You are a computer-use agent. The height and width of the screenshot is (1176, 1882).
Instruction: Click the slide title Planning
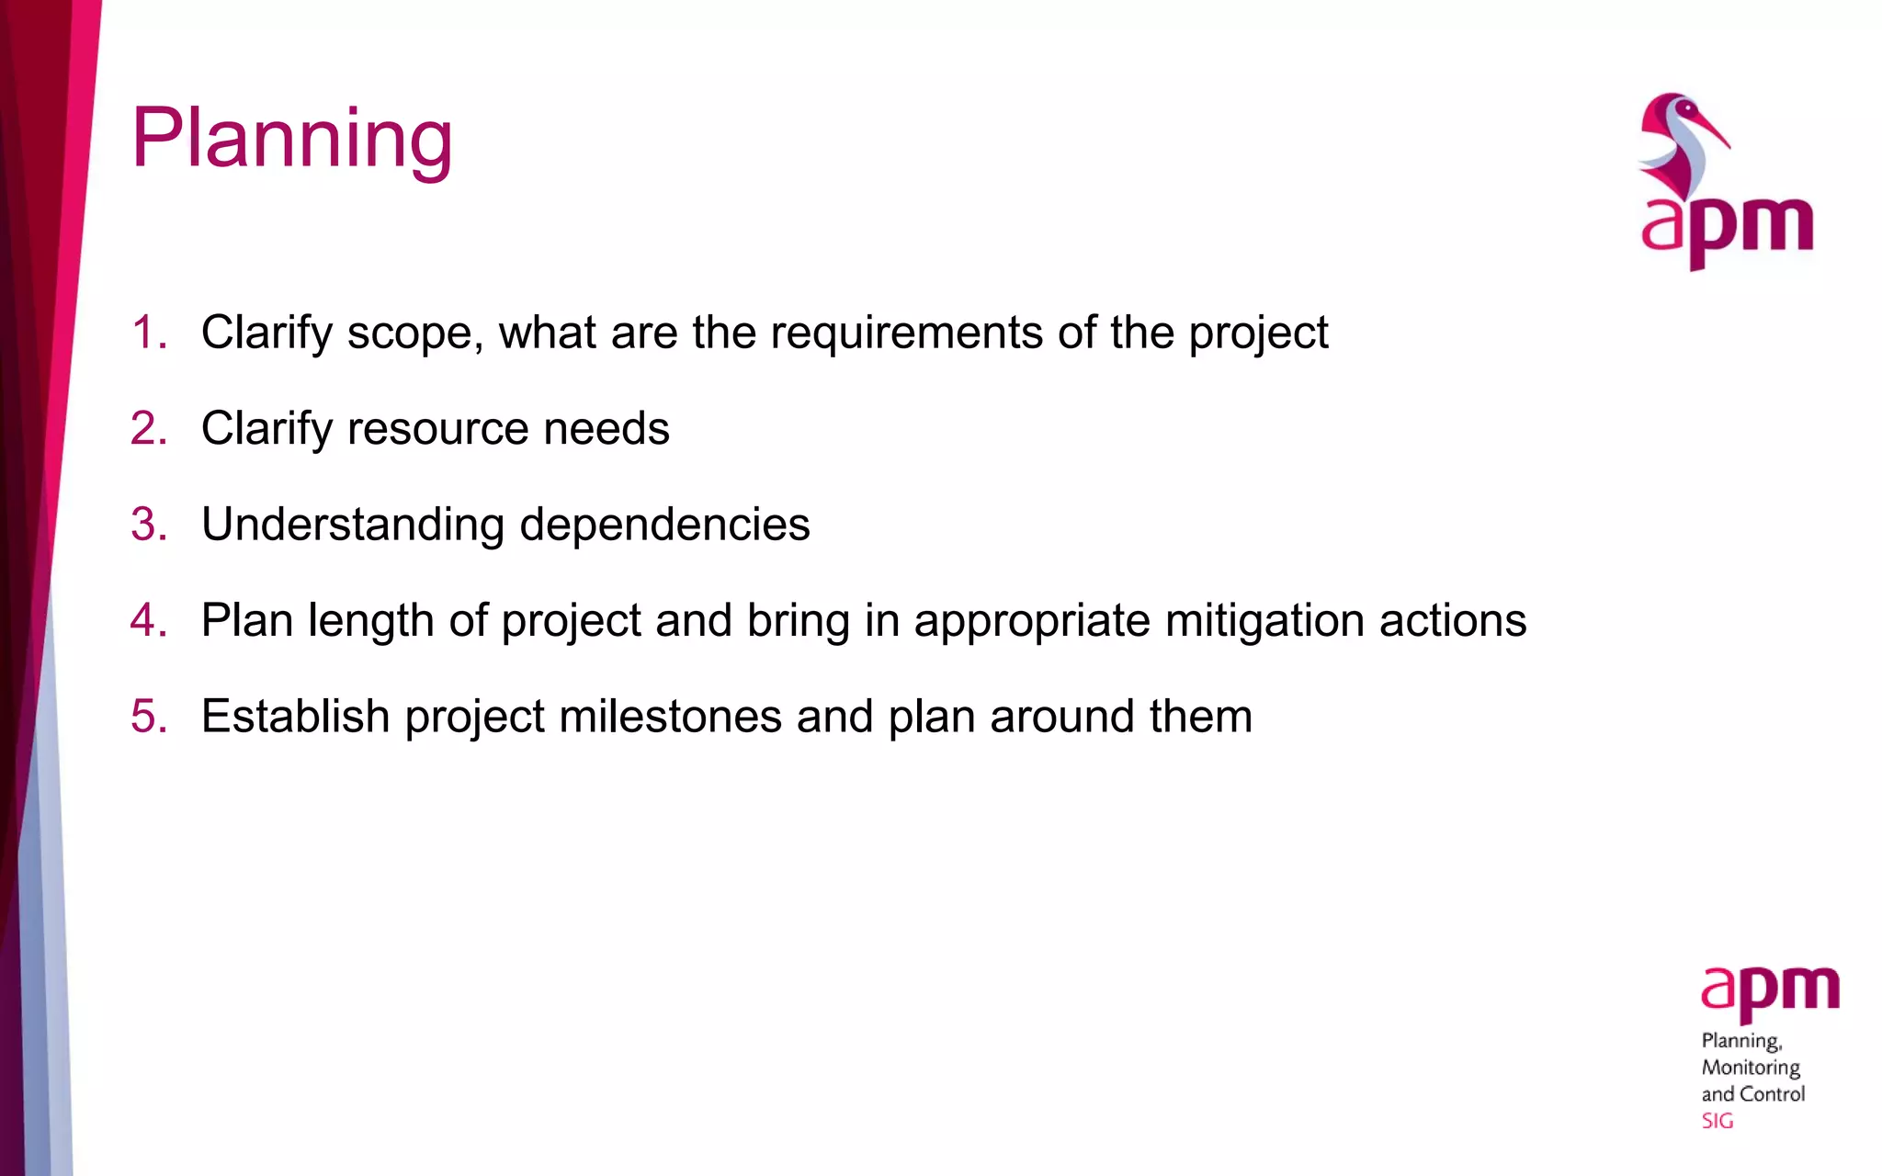pyautogui.click(x=291, y=138)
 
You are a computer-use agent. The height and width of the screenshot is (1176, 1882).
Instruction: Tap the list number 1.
pyautogui.click(x=146, y=333)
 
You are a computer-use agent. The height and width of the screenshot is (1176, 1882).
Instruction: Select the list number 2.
pyautogui.click(x=148, y=429)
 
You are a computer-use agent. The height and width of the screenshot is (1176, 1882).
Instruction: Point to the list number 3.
pyautogui.click(x=148, y=525)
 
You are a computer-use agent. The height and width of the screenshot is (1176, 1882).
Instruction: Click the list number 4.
pyautogui.click(x=148, y=621)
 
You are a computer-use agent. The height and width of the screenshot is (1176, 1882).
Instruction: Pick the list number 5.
pyautogui.click(x=148, y=717)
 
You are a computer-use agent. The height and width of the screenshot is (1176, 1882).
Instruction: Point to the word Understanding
pyautogui.click(x=353, y=525)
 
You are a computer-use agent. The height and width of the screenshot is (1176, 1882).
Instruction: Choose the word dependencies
pyautogui.click(x=664, y=525)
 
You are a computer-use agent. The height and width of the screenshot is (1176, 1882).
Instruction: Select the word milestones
pyautogui.click(x=670, y=717)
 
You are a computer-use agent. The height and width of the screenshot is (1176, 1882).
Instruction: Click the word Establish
pyautogui.click(x=295, y=717)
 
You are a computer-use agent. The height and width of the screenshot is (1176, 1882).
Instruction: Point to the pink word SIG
pyautogui.click(x=1717, y=1121)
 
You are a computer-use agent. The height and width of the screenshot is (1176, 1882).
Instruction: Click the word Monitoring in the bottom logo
pyautogui.click(x=1751, y=1068)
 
